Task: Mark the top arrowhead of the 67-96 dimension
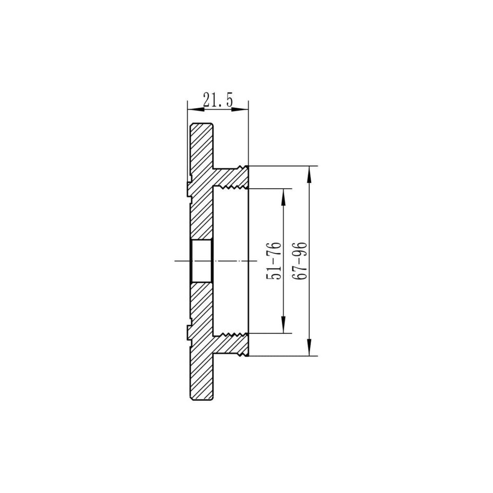[309, 172]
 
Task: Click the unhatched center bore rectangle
[201, 261]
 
